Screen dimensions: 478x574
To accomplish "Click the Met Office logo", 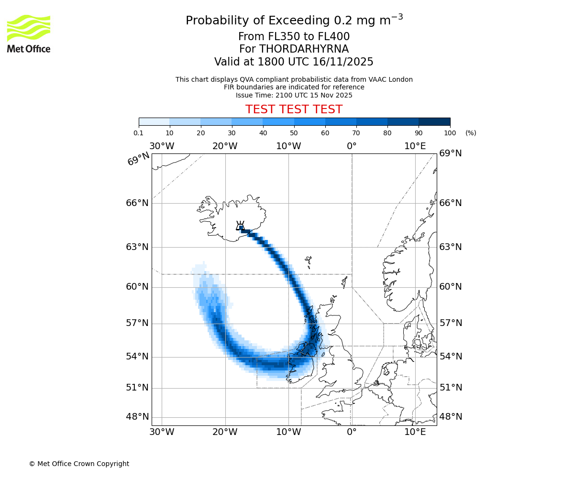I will (x=29, y=33).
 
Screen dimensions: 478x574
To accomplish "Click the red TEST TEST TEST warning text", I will (x=294, y=109).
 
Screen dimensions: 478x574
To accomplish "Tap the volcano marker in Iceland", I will (x=241, y=227).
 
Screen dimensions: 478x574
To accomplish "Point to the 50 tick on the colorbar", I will (x=294, y=132).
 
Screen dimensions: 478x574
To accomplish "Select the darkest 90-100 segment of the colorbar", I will (x=434, y=121).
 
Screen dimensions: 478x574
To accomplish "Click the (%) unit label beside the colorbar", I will (x=471, y=133).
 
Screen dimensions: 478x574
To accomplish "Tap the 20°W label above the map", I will (x=225, y=146).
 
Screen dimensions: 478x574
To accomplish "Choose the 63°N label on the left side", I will (x=137, y=247).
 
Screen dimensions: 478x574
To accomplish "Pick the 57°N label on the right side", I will (x=451, y=323).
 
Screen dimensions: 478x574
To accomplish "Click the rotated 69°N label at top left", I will (x=138, y=159).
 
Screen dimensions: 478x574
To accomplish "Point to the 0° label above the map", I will (x=352, y=146).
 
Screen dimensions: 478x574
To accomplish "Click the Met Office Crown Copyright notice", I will (x=79, y=464).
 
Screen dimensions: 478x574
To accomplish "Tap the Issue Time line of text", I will (x=294, y=95).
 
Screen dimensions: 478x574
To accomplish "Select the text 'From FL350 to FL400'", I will (x=294, y=37).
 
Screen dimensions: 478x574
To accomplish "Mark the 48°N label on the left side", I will (x=137, y=417).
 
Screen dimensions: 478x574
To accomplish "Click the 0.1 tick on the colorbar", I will (x=139, y=132).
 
